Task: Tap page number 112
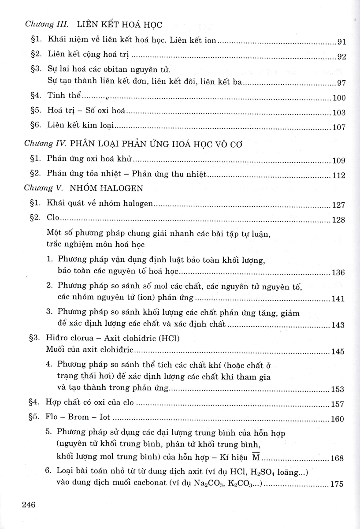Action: pyautogui.click(x=339, y=176)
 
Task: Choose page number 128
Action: pyautogui.click(x=339, y=220)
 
